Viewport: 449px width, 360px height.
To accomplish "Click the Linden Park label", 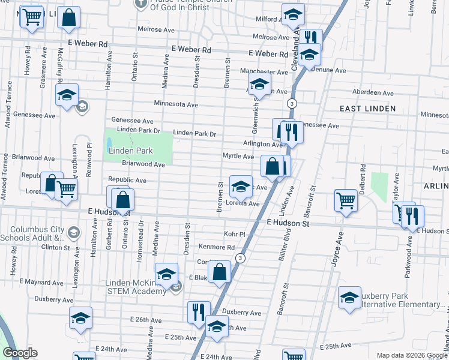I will coord(130,151).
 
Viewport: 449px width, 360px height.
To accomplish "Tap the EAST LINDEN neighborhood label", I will coord(367,109).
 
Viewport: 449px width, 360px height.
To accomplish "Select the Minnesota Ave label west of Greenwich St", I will coord(176,104).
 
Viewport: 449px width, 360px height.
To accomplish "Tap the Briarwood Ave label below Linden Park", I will coord(143,164).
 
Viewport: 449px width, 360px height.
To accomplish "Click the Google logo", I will coord(20,353).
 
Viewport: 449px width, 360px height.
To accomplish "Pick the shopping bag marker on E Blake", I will coord(220,271).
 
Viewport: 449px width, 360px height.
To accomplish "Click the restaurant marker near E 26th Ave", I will coord(198,312).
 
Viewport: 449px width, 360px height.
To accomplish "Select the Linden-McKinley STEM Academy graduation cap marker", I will coord(166,274).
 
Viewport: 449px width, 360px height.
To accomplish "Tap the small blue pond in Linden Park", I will coord(109,144).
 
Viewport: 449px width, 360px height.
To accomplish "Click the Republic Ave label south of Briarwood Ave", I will coord(127,180).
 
